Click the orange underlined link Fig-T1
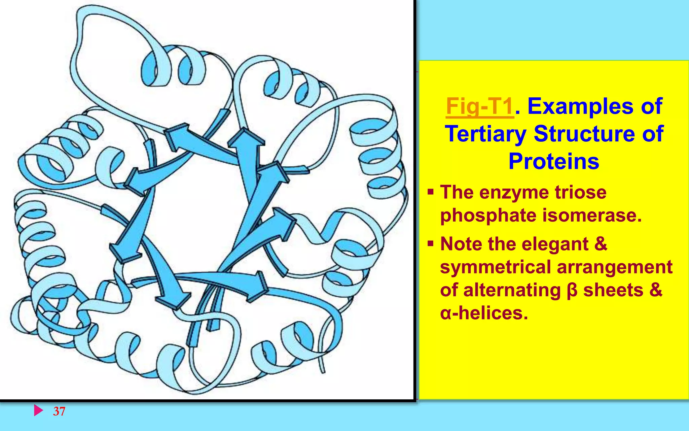(480, 107)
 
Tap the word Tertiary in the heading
(485, 134)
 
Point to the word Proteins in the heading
(554, 161)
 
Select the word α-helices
(484, 313)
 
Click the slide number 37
(59, 411)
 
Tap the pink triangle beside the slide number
(38, 410)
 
